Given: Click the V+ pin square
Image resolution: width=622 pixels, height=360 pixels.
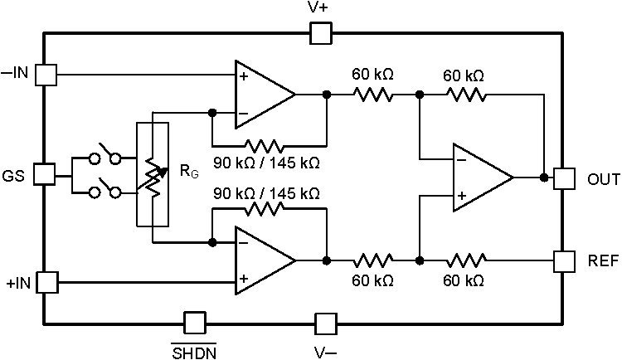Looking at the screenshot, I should [x=320, y=33].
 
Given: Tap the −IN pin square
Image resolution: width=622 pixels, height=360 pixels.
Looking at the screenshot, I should [x=46, y=75].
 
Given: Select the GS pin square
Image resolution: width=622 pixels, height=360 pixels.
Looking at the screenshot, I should [x=45, y=175].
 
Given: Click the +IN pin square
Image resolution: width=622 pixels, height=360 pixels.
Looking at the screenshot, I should [x=46, y=282].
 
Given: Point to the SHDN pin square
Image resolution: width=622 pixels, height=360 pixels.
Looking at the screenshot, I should [x=193, y=323].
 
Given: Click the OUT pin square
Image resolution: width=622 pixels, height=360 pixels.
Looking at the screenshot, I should [x=565, y=178].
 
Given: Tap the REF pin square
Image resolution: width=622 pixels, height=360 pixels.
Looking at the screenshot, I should [x=565, y=261].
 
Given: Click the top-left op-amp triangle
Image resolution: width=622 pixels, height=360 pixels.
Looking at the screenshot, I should [x=260, y=94].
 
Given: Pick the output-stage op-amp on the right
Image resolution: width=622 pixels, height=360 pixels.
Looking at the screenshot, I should [x=479, y=178].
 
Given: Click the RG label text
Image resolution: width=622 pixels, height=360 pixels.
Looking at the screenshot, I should [x=188, y=173].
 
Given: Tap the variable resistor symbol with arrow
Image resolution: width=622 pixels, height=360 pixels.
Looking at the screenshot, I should [x=153, y=174].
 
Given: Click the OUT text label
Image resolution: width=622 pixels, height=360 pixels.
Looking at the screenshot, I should [x=603, y=178].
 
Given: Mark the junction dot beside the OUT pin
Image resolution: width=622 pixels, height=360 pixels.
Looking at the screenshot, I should [x=543, y=178].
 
